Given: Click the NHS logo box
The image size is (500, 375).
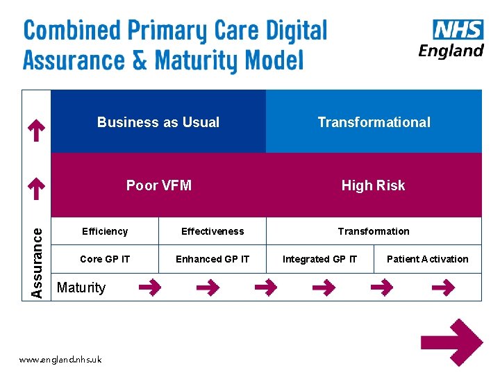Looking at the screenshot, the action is point(458,31).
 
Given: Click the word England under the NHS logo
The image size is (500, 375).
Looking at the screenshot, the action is point(451,51).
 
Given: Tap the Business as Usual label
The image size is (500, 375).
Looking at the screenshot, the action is point(158,122).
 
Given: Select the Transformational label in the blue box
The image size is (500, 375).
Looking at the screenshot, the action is point(374,122).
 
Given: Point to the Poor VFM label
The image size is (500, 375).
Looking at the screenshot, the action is point(159,185).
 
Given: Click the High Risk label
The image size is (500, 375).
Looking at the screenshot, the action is point(373,185).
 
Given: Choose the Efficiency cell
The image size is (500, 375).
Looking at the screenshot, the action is point(105,231).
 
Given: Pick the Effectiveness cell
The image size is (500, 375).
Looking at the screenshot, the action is point(212,231).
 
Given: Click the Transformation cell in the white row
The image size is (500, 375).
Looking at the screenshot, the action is point(374,231).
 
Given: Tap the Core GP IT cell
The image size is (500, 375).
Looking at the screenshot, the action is point(105,259).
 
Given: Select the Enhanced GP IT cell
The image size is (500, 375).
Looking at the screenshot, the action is point(212,259).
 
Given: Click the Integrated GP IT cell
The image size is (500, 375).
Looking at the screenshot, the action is point(319,259).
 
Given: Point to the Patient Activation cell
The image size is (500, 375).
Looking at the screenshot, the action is point(427,259).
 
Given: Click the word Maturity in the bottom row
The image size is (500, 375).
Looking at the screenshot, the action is point(81,287).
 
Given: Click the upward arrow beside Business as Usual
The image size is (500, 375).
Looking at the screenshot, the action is point(36,129).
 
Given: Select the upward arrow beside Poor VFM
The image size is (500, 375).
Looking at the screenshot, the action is point(36,187).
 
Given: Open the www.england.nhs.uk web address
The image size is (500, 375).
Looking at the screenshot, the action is point(60,360).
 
